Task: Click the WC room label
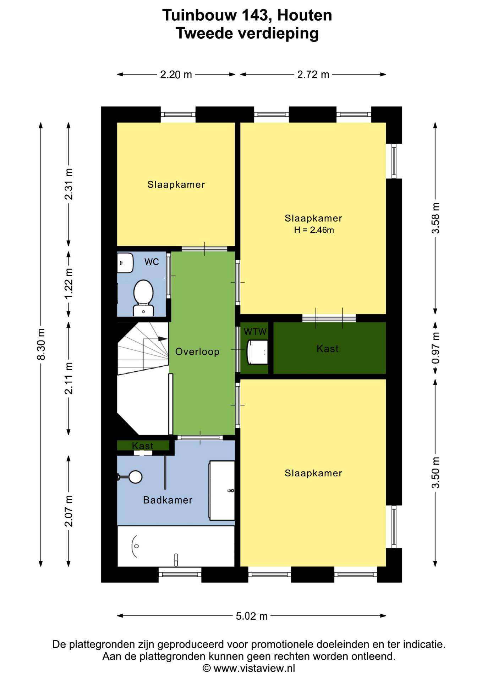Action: click(x=152, y=262)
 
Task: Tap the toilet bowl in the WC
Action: click(x=143, y=292)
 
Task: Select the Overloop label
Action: click(x=197, y=351)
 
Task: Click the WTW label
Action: click(x=255, y=332)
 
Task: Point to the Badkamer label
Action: click(x=168, y=500)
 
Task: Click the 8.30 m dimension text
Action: click(x=41, y=344)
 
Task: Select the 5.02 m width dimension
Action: click(x=252, y=616)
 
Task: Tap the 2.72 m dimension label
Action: click(x=313, y=74)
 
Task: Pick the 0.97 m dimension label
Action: click(x=436, y=348)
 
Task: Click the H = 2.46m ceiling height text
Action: click(x=314, y=230)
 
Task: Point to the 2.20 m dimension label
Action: click(x=176, y=74)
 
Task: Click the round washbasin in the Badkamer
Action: click(x=135, y=477)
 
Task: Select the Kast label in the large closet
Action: click(x=327, y=349)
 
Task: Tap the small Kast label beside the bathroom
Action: click(x=142, y=445)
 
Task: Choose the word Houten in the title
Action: click(x=305, y=15)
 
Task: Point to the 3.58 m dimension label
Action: click(x=436, y=218)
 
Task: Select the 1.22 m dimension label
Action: click(x=69, y=283)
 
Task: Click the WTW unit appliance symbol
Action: click(x=257, y=352)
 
